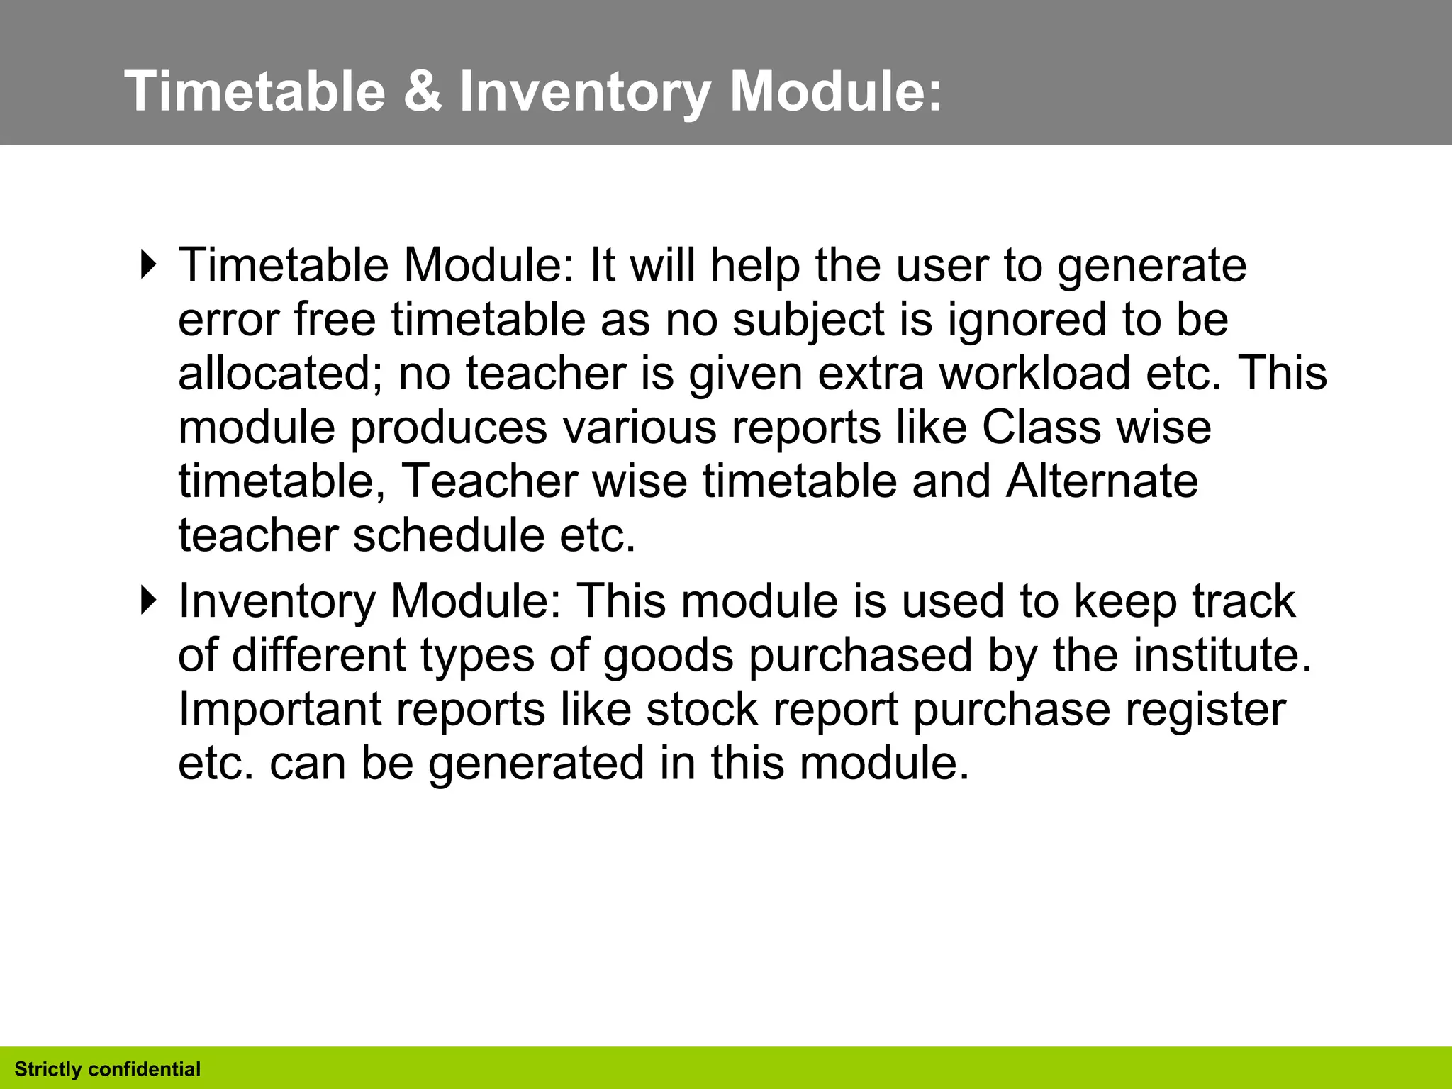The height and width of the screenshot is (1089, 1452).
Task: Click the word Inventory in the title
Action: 585,92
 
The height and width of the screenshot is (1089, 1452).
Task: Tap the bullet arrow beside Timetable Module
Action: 148,265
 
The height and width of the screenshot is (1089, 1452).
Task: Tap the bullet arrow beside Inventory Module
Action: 148,600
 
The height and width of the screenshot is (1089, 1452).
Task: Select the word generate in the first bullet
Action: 1151,267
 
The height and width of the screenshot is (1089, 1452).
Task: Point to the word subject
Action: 809,320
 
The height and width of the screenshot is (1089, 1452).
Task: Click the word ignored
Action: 1027,320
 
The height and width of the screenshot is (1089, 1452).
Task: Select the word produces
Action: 449,428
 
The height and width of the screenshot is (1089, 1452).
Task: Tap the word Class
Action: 1041,428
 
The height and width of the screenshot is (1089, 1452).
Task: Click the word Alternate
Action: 1102,481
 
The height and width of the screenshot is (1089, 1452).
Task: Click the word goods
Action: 668,655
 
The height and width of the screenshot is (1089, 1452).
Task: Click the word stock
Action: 701,709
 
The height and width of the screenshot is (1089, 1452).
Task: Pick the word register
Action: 1205,710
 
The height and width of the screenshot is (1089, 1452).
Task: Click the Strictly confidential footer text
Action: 108,1069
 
